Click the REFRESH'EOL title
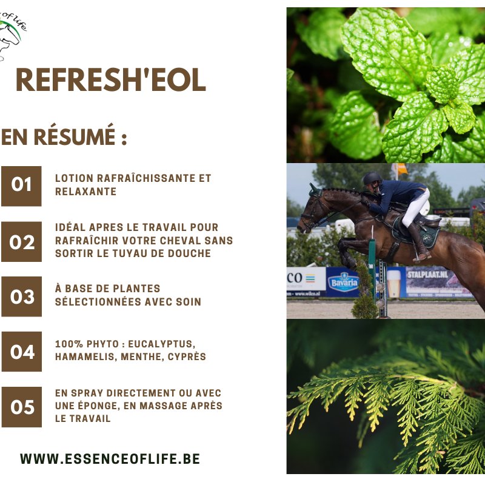[x=111, y=80]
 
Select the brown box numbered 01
[x=21, y=186]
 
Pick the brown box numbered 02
[x=21, y=241]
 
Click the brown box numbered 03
[x=21, y=296]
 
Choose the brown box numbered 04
[x=22, y=352]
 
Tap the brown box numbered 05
[x=22, y=407]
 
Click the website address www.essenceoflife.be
[x=110, y=459]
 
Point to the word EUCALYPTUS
[x=161, y=344]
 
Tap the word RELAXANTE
[x=85, y=192]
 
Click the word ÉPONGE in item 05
[x=99, y=406]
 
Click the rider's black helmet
[x=372, y=178]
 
